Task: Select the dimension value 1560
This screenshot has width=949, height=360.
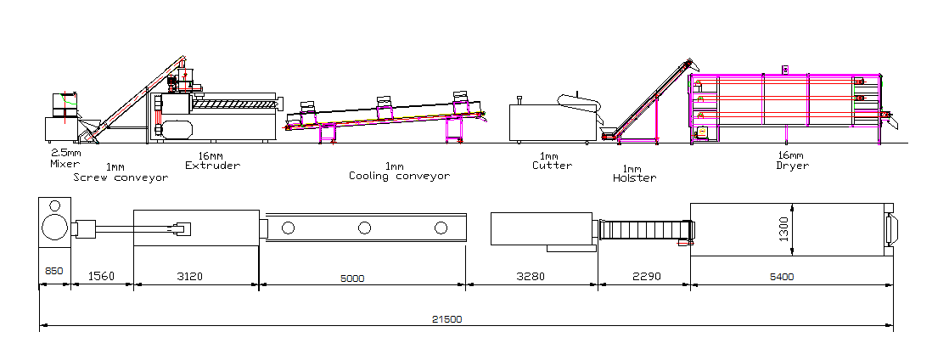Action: [102, 277]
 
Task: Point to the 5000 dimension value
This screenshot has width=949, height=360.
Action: [363, 277]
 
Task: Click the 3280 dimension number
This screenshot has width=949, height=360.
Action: [532, 277]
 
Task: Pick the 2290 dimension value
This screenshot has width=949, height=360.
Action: [644, 277]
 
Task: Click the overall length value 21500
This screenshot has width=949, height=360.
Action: [447, 319]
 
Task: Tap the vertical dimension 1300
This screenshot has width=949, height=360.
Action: [784, 228]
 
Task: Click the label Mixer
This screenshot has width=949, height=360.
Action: [65, 164]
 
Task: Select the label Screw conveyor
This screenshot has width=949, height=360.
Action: [120, 177]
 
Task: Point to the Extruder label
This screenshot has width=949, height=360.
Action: [212, 165]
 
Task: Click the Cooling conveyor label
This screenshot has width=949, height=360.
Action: [399, 176]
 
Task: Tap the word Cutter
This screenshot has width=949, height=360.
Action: [552, 165]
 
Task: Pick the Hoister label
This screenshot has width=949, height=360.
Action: [634, 178]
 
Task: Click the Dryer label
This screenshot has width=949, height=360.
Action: [792, 165]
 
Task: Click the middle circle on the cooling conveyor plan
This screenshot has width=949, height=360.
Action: [364, 228]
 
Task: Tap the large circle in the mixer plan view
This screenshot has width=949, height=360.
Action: [54, 228]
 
